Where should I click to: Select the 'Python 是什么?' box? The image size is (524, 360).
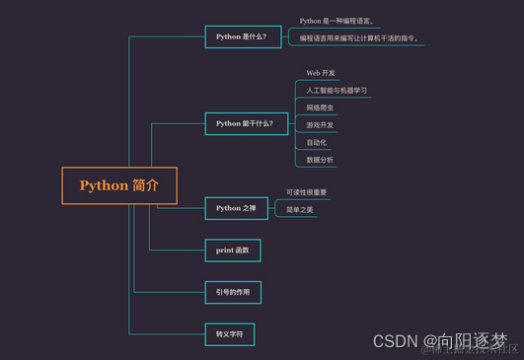pos(241,36)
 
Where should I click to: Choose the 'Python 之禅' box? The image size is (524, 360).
pos(236,208)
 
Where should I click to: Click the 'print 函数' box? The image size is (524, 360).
pos(233,251)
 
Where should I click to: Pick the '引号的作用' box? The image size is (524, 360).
pos(234,292)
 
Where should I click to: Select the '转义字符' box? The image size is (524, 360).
pos(229,334)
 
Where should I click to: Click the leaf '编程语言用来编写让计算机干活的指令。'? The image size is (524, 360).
pos(360,38)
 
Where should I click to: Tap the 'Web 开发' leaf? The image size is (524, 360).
pos(321,73)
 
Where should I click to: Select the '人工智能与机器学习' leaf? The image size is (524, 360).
pos(337,91)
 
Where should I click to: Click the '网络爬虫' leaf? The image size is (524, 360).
pos(321,108)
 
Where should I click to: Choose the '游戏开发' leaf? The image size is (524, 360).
pos(321,125)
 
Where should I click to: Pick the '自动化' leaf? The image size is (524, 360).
pos(317,142)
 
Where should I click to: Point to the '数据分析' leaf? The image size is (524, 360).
pos(320,160)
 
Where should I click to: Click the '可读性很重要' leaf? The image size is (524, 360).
pos(307,192)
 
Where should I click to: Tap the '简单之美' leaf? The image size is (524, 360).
pos(300,210)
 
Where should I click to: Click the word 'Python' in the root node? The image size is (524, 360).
pos(104,185)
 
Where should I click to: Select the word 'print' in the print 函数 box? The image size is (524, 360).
pos(224,251)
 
